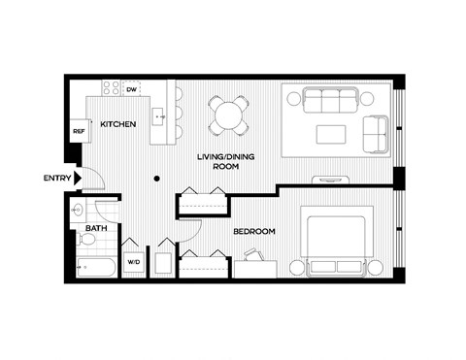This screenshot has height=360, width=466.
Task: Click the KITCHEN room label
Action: (117, 124)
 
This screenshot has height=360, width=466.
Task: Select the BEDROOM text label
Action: (254, 231)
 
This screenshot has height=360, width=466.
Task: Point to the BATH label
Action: (95, 229)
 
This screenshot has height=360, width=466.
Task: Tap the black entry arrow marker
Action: (76, 178)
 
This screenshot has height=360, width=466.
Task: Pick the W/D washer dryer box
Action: (133, 261)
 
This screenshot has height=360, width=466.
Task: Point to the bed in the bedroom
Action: (333, 243)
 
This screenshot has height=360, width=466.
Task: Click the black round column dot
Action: (156, 178)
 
